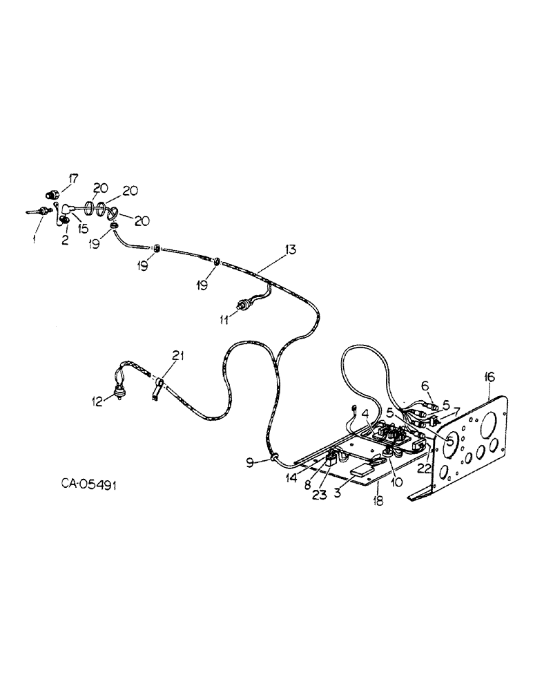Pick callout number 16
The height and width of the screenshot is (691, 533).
click(x=490, y=377)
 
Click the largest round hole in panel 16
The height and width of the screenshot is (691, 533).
click(x=492, y=423)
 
